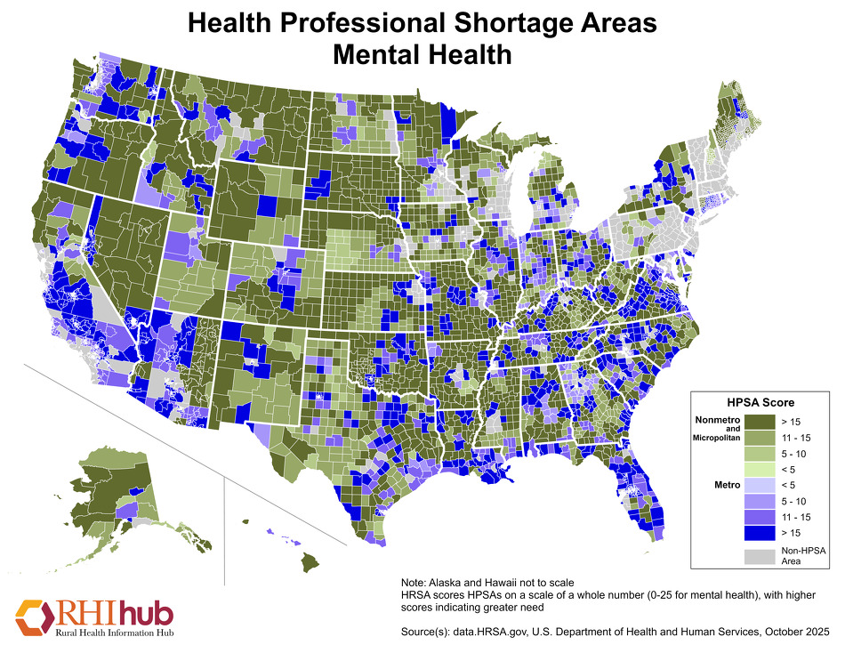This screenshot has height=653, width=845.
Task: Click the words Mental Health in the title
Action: pyautogui.click(x=422, y=54)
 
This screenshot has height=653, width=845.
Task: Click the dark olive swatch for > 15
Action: pyautogui.click(x=759, y=418)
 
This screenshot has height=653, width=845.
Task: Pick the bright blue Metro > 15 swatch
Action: pyautogui.click(x=759, y=533)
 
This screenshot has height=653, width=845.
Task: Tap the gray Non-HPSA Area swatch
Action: pyautogui.click(x=759, y=555)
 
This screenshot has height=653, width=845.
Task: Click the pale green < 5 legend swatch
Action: pyautogui.click(x=759, y=467)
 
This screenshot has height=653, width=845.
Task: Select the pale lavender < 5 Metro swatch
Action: pyautogui.click(x=759, y=485)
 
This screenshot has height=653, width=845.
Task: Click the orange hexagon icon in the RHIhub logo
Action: pyautogui.click(x=33, y=617)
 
